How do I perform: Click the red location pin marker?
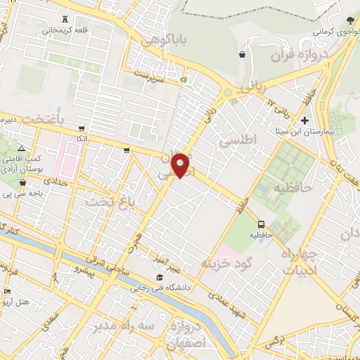click(x=182, y=165)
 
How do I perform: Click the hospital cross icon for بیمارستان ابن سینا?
click(x=304, y=120)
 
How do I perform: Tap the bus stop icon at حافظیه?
click(x=262, y=225)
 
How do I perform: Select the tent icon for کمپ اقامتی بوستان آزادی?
click(x=22, y=149)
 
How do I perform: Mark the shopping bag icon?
click(x=243, y=53)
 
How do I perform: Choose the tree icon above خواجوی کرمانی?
click(x=350, y=19)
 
